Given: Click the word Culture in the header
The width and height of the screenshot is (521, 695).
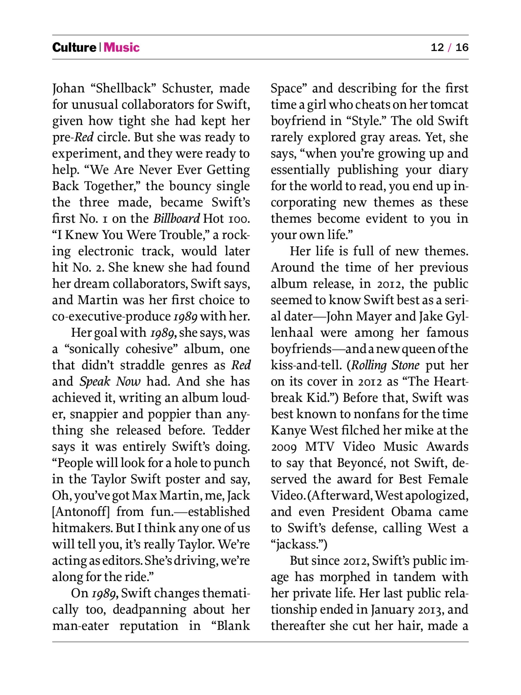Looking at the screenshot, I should (x=74, y=47).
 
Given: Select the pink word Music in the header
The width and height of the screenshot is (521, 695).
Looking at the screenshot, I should (x=122, y=47).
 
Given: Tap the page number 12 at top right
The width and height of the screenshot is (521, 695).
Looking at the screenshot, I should (x=437, y=47).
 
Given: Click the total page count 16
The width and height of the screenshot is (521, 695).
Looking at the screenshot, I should (x=462, y=47).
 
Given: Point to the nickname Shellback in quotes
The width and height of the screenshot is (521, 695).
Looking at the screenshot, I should (x=123, y=88).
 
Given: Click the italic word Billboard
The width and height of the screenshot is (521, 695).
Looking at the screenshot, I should (x=176, y=219).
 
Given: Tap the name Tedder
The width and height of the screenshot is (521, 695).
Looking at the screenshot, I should (x=231, y=430).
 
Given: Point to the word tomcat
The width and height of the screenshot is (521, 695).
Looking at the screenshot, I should (x=449, y=105).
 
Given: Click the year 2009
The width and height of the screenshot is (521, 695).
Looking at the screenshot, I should (x=284, y=447).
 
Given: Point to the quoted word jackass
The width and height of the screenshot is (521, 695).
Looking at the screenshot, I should (x=298, y=545).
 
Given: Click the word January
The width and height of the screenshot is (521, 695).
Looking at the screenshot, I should (x=392, y=610).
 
